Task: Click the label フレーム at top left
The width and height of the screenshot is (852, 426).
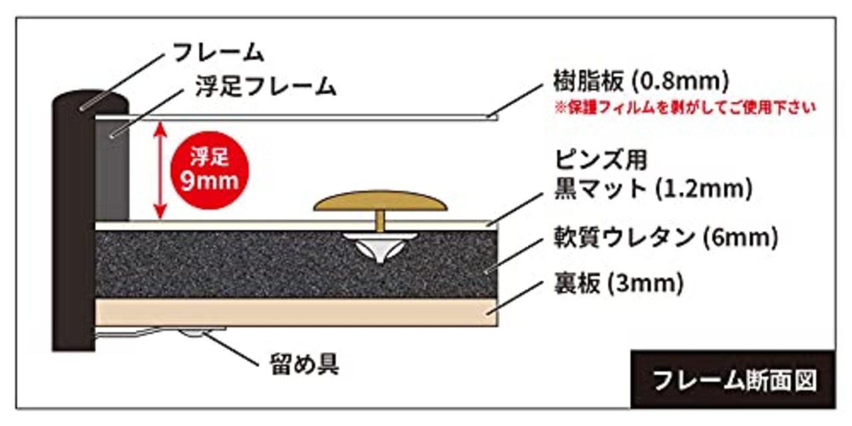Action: pyautogui.click(x=218, y=52)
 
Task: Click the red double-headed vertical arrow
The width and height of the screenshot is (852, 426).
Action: pyautogui.click(x=160, y=170)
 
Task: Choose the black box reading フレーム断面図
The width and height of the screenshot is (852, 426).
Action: pyautogui.click(x=733, y=380)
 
